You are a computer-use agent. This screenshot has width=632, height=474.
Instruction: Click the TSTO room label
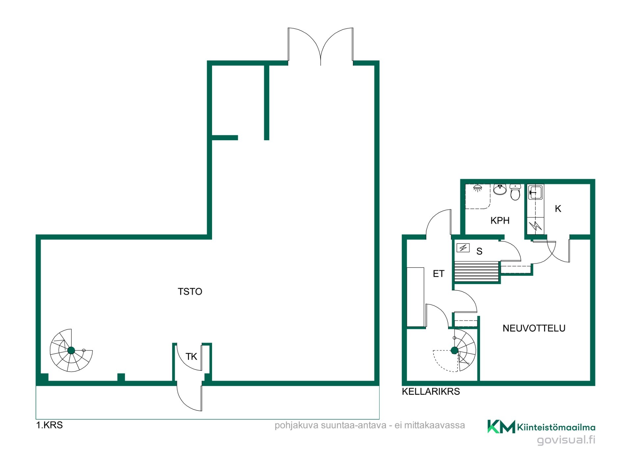click(x=190, y=292)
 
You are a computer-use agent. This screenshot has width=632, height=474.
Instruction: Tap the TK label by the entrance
click(x=191, y=356)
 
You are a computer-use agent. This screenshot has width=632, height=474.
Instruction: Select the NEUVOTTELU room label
click(x=534, y=328)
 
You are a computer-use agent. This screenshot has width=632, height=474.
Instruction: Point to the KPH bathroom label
click(x=500, y=221)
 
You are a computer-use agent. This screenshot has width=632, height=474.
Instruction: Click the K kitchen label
click(x=558, y=209)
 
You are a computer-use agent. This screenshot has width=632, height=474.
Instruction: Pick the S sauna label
click(x=479, y=251)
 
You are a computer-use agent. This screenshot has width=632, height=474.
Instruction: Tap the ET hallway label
click(x=438, y=274)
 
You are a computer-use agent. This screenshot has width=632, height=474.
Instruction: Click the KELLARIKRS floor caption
click(x=431, y=391)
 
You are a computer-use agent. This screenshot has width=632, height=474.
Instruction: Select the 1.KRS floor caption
click(x=49, y=425)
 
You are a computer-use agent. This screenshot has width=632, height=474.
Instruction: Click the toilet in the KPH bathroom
click(x=515, y=192)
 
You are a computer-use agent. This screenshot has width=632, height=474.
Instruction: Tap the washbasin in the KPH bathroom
click(x=500, y=189)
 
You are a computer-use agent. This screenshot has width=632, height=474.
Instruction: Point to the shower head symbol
click(x=478, y=188)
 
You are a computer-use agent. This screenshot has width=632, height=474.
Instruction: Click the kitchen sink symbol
click(x=536, y=192)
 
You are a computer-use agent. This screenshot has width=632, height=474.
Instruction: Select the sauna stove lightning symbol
click(x=463, y=248)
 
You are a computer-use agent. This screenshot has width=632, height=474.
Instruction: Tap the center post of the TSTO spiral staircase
click(x=71, y=351)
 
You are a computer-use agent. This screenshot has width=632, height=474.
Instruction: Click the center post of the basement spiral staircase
click(x=455, y=351)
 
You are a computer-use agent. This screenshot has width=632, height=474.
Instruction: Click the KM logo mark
click(x=501, y=427)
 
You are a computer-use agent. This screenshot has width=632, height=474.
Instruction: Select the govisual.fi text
click(x=566, y=440)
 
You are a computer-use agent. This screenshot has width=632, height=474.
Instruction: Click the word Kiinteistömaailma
click(x=556, y=427)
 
